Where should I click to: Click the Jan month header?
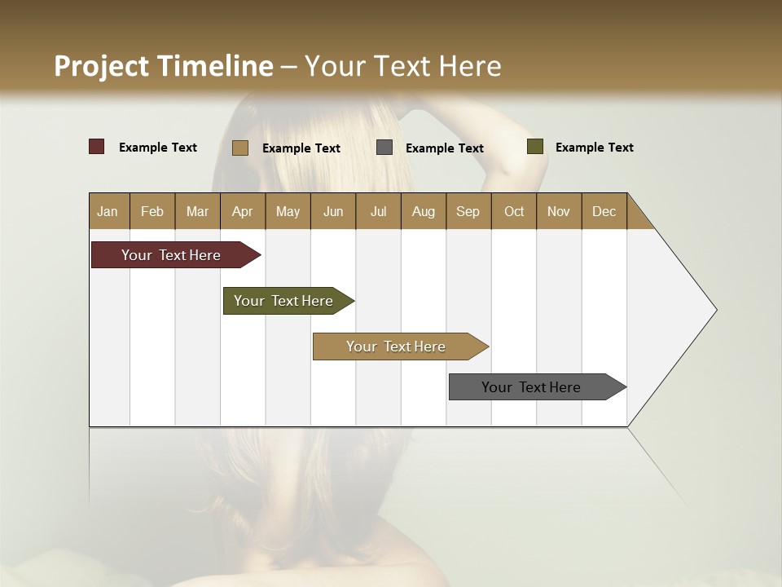[x=108, y=211]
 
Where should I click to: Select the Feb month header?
[x=152, y=211]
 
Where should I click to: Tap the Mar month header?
[x=197, y=211]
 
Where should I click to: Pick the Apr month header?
[x=243, y=211]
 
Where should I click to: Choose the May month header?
[x=288, y=211]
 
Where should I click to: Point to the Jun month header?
[x=333, y=211]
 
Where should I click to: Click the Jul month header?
[x=378, y=211]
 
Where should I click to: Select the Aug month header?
[x=424, y=211]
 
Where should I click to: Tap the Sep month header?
[x=468, y=211]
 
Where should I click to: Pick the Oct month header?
[x=514, y=211]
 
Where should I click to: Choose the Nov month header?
[x=559, y=211]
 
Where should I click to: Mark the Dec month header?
[x=604, y=211]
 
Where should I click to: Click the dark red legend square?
[x=97, y=147]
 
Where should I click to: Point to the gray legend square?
[x=384, y=148]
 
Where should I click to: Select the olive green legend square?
[x=535, y=147]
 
